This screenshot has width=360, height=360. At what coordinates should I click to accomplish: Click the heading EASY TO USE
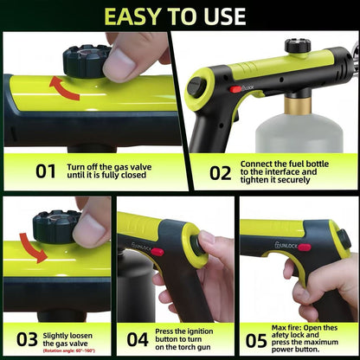pos(180,15)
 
